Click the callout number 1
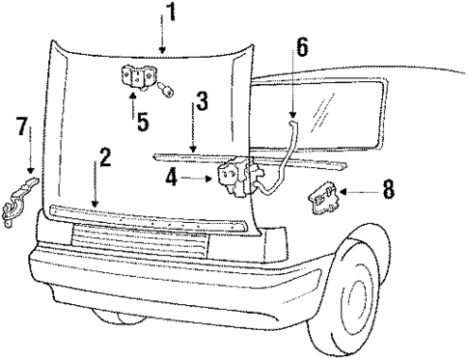(171, 13)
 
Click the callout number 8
(387, 189)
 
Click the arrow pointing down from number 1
(164, 39)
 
